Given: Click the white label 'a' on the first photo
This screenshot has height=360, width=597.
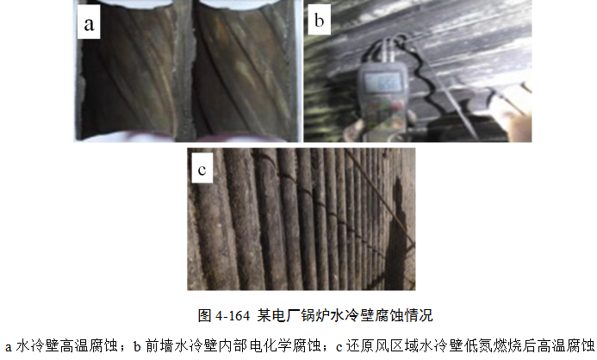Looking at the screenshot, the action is pyautogui.click(x=89, y=22).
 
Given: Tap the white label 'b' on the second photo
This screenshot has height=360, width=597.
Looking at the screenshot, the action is pyautogui.click(x=319, y=19).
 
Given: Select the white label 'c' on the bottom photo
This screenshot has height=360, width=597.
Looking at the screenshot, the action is pyautogui.click(x=202, y=168).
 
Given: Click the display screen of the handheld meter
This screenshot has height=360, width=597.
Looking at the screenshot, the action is pyautogui.click(x=382, y=82).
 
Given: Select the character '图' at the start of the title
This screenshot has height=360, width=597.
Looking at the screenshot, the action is pyautogui.click(x=204, y=315).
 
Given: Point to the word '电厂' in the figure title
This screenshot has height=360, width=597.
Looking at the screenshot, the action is pyautogui.click(x=286, y=315).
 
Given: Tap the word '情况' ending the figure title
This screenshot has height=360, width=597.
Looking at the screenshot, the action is pyautogui.click(x=419, y=315).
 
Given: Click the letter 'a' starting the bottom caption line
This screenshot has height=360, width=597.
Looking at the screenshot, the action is pyautogui.click(x=8, y=347).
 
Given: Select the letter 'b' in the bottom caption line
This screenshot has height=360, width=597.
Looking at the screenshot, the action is pyautogui.click(x=137, y=346).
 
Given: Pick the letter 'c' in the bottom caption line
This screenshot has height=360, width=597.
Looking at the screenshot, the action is pyautogui.click(x=339, y=347).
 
